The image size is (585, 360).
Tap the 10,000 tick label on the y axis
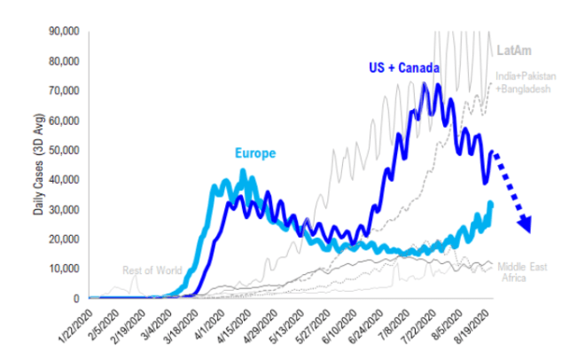coord(67,269)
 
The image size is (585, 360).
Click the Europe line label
coord(255,153)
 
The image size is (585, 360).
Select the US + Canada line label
coord(406,67)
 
